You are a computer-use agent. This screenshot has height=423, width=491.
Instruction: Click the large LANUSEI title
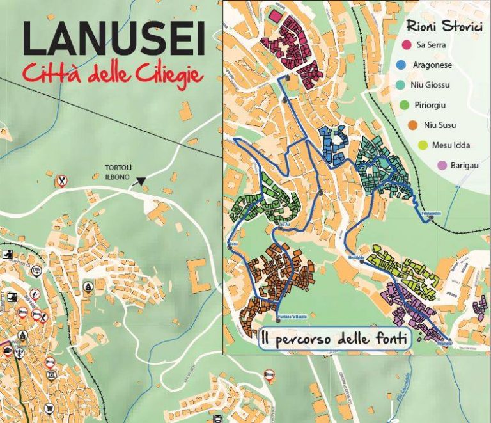[x=114, y=40]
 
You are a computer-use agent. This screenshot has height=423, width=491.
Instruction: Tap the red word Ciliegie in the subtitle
[x=170, y=74]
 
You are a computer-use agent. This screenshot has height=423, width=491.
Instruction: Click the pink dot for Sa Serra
[x=404, y=45]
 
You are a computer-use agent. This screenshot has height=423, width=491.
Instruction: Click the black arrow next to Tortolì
[x=141, y=182]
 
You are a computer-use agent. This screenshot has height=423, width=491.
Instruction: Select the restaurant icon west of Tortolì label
[x=61, y=181]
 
